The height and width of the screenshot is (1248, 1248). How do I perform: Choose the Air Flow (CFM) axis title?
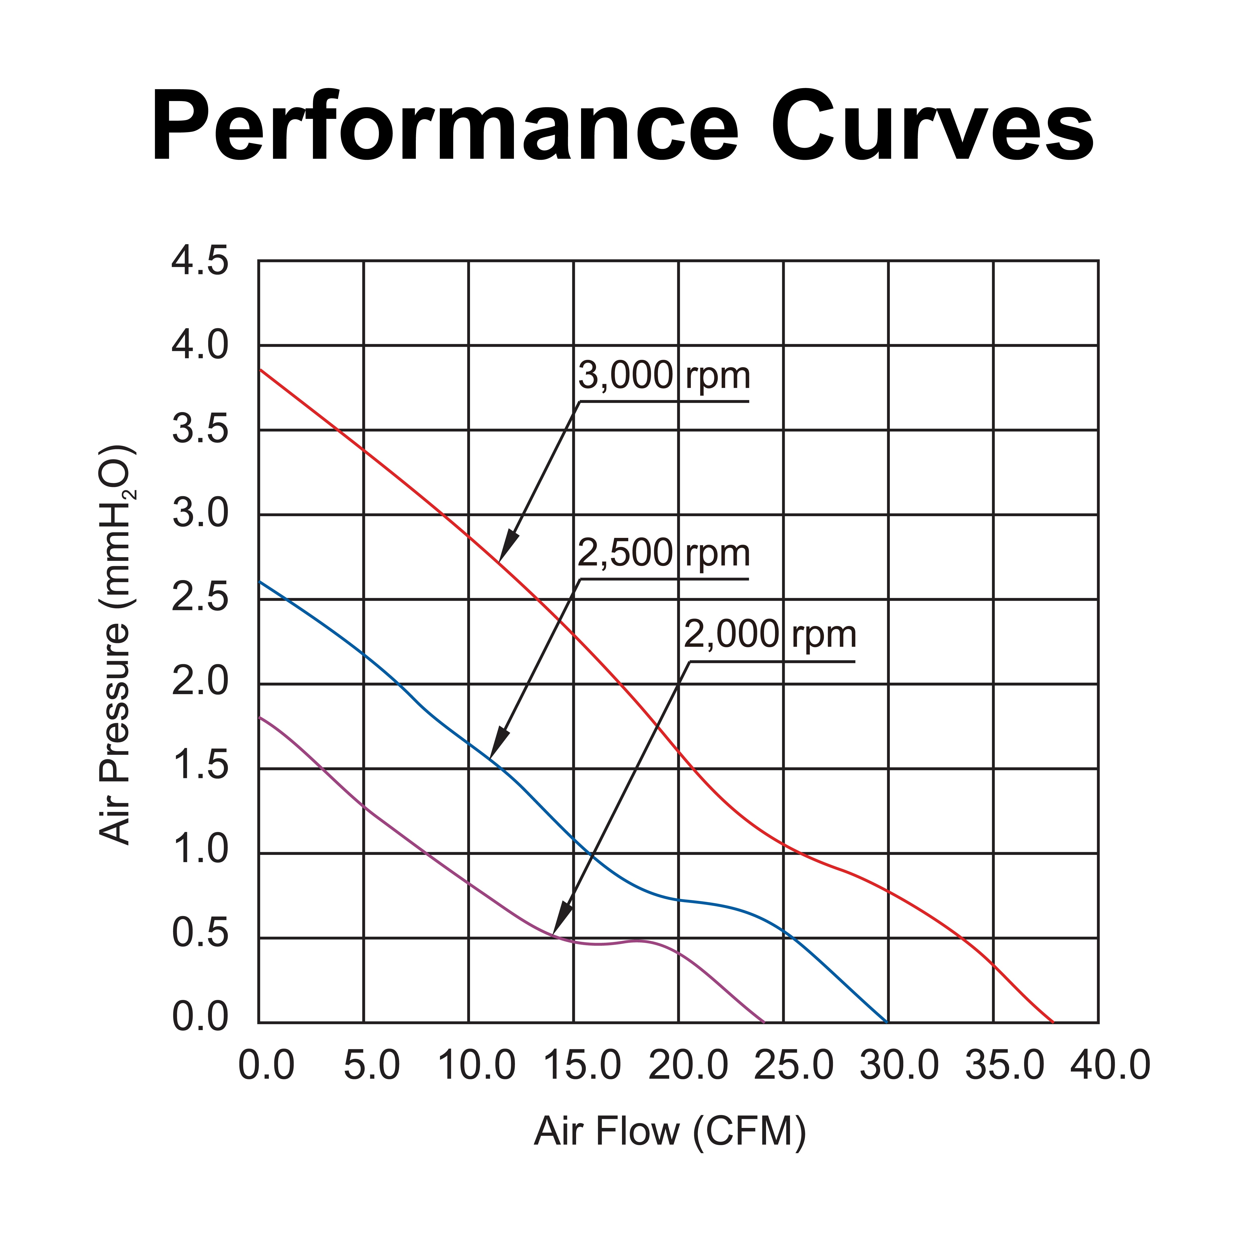[x=670, y=1132]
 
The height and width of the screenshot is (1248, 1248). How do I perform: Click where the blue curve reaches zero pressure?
[x=887, y=1023]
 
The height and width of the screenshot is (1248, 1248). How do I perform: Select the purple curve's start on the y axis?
[x=259, y=717]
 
